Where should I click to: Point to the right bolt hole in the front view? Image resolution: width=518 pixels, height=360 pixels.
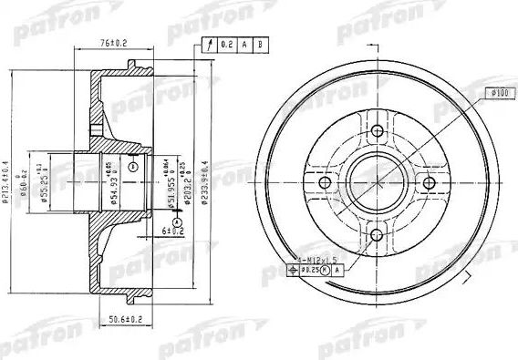pyautogui.click(x=425, y=188)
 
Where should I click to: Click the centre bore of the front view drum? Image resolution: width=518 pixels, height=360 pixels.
pyautogui.click(x=375, y=188)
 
